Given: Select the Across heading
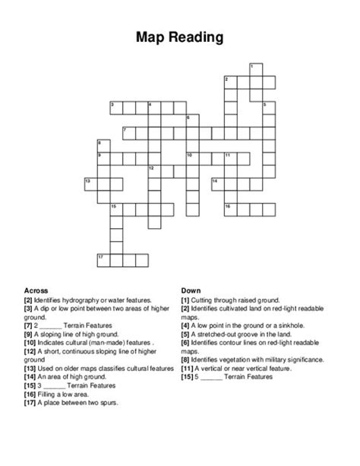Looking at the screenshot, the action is [x=36, y=290].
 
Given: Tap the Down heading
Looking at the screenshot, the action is [x=191, y=290].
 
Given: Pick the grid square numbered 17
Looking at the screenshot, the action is [x=102, y=260].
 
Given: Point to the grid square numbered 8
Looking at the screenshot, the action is [x=102, y=144].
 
